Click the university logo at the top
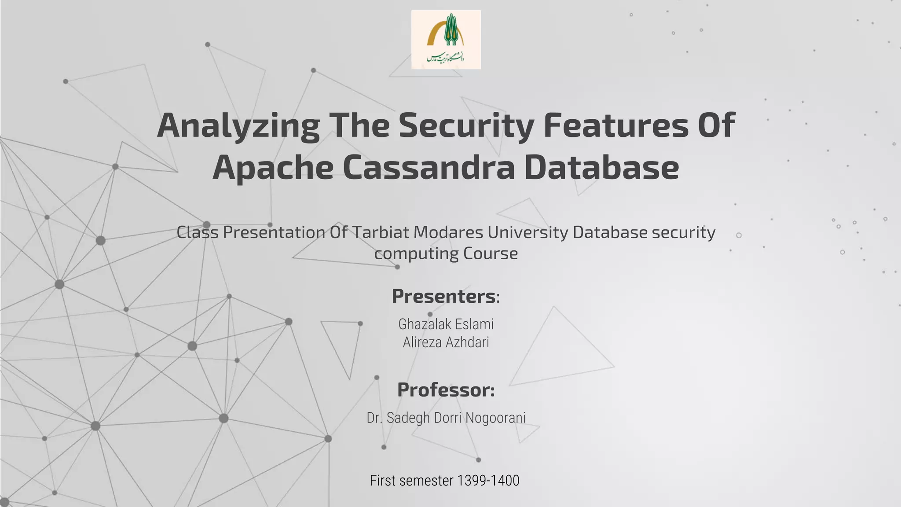[446, 40]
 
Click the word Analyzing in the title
[238, 125]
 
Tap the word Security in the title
[466, 125]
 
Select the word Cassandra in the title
[429, 168]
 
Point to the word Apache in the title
[273, 168]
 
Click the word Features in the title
[616, 125]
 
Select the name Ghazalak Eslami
[446, 324]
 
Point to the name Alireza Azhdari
[446, 342]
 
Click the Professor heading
[446, 390]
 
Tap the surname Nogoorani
[495, 418]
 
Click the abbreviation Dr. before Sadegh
[374, 418]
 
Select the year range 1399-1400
[488, 481]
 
